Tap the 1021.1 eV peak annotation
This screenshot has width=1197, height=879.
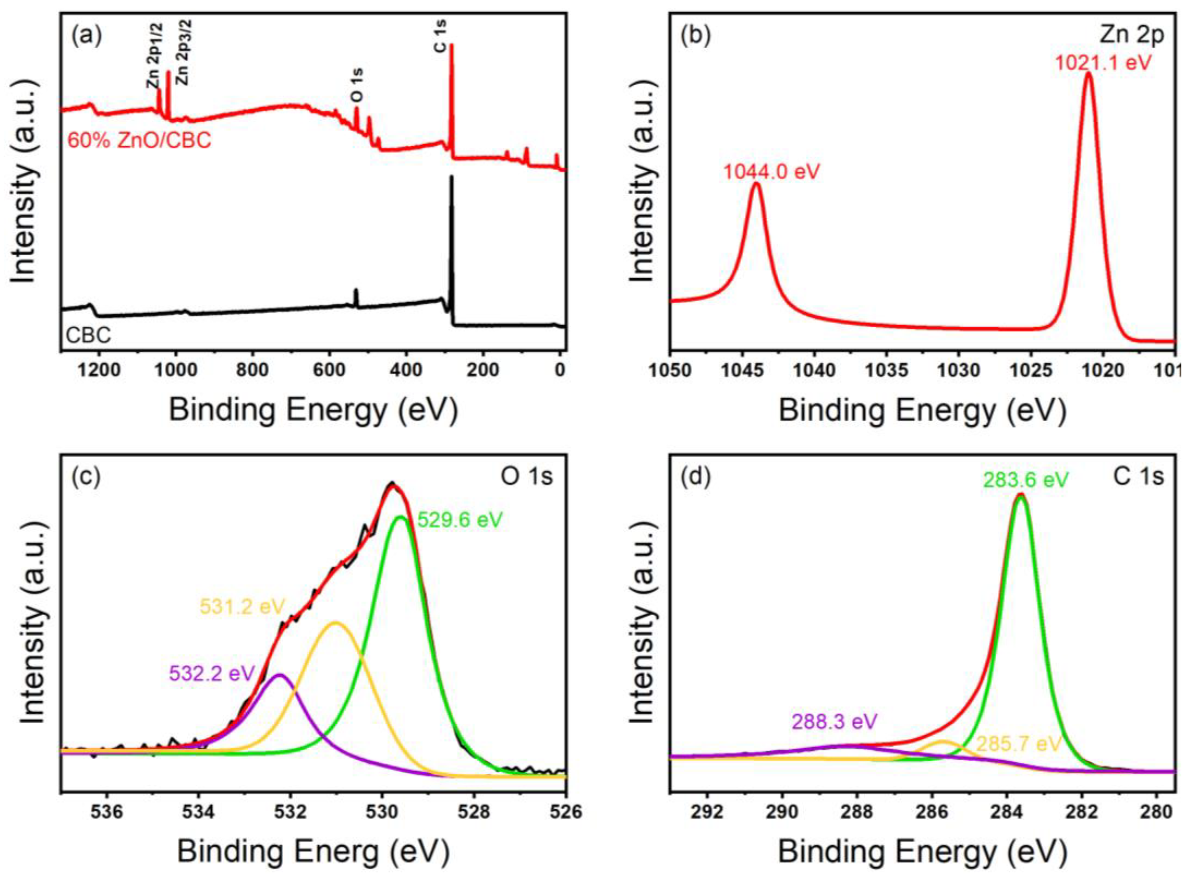pos(1103,63)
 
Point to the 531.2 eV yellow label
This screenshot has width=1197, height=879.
pos(243,606)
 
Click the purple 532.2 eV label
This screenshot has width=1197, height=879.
pos(212,673)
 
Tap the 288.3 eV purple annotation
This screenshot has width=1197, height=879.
pos(834,721)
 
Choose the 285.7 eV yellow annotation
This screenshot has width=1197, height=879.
pos(1019,743)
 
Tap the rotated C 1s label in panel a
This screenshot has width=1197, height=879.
pos(441,36)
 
